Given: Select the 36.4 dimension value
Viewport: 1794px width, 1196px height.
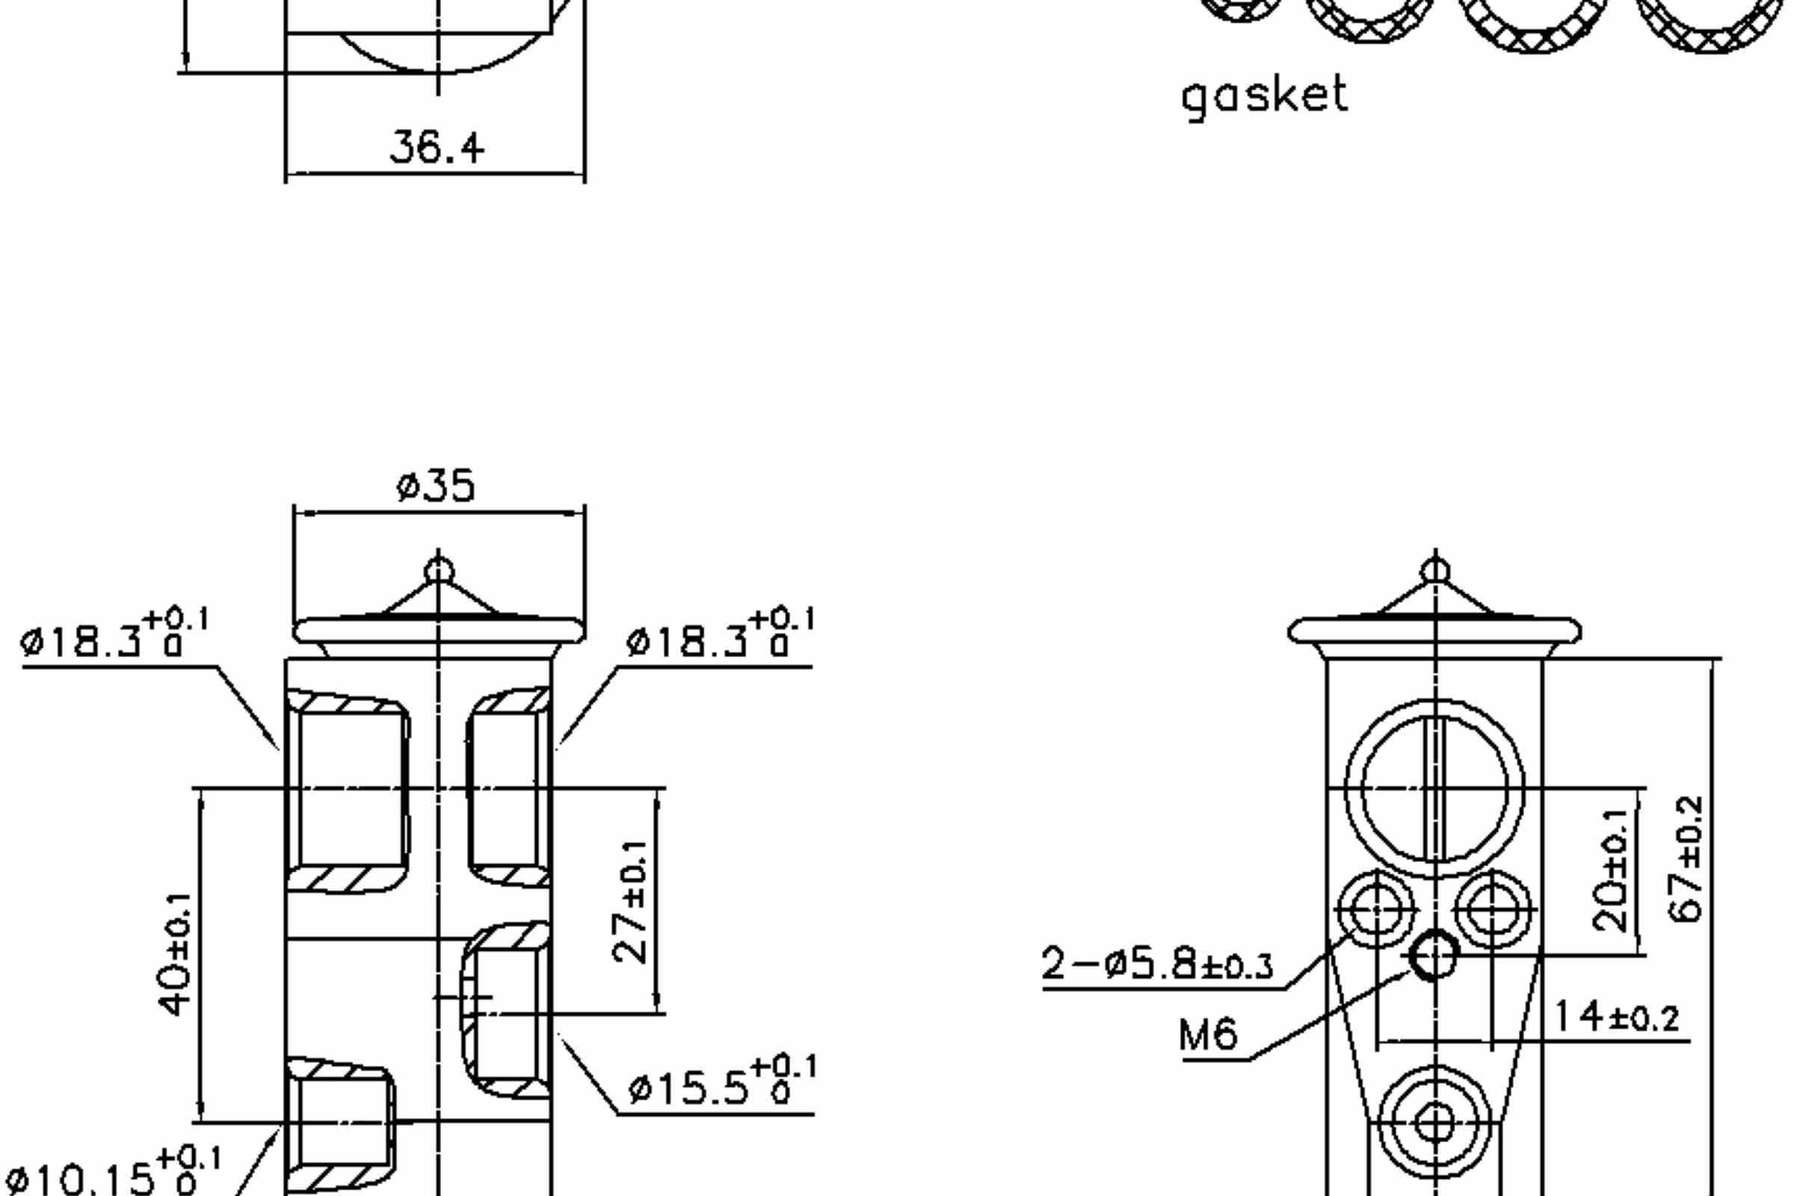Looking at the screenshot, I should tap(437, 147).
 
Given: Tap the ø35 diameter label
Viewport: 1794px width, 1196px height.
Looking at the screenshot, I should tap(436, 486).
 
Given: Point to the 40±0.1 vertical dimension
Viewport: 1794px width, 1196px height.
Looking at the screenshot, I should tap(176, 955).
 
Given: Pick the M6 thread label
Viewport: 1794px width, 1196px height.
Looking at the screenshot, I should tap(1207, 1036).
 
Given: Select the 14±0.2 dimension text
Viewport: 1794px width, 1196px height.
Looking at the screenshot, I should tap(1616, 1017).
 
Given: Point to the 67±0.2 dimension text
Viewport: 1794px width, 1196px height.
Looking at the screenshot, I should tap(1687, 859).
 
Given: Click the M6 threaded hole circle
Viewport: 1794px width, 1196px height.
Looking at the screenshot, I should tap(1433, 955).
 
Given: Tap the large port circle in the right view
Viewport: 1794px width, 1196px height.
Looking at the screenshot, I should tap(1434, 788).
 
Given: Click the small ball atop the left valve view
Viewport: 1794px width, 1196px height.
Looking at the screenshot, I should tap(439, 570).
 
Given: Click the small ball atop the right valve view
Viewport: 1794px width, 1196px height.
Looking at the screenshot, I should tap(1435, 570).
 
